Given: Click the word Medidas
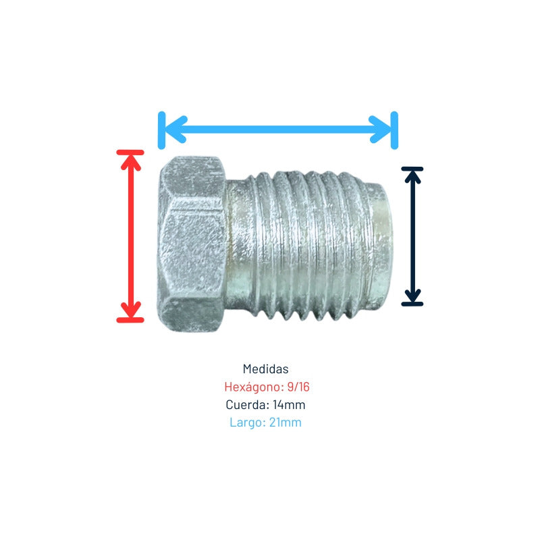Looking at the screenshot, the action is [265, 369].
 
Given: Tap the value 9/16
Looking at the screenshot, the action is [298, 387].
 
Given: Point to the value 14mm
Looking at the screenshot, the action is [289, 404].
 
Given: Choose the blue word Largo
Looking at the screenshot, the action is [248, 423].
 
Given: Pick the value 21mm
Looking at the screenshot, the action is [286, 423].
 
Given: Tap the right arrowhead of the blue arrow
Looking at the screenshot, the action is [380, 130].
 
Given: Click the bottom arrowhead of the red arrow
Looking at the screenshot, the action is [130, 309].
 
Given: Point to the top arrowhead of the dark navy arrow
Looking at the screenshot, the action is [412, 177].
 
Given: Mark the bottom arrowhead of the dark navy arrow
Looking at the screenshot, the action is [412, 296].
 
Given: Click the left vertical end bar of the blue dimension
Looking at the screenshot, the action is [161, 130].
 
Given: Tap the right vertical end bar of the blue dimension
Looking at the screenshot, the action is [395, 130].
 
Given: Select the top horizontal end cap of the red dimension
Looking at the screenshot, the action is [130, 153].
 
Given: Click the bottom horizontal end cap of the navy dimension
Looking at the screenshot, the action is [412, 304].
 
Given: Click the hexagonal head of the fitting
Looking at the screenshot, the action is [192, 244].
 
